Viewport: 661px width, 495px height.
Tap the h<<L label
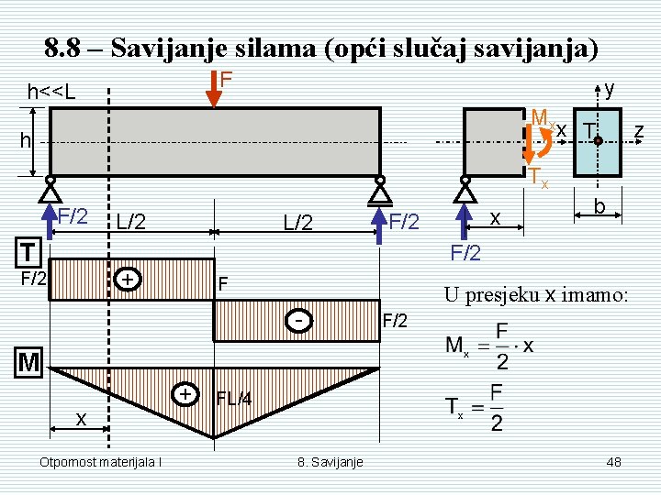point(51,93)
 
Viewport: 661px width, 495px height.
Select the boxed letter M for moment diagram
point(29,364)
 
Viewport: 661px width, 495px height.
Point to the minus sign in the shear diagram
point(298,321)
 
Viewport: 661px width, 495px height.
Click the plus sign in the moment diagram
point(186,393)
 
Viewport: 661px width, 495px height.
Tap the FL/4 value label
point(234,399)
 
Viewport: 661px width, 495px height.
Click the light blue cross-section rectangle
point(597,142)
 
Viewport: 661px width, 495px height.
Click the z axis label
point(639,133)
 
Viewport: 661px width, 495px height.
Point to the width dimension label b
point(598,206)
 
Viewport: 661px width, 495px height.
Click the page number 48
point(614,462)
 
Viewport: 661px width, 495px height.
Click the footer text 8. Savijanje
point(330,462)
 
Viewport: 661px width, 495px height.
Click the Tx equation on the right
point(475,409)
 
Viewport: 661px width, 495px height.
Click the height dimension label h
point(27,141)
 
